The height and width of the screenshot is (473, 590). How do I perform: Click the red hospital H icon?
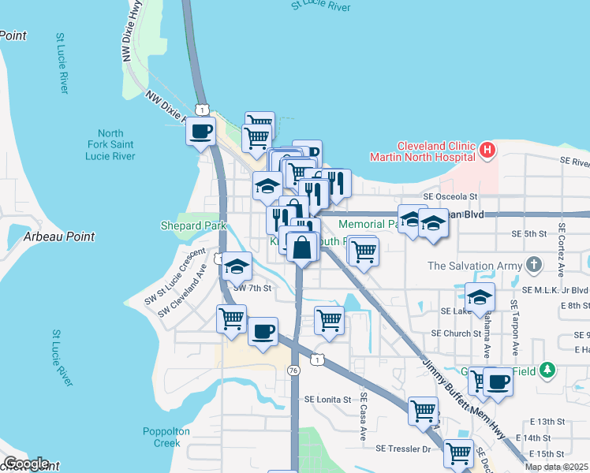487,149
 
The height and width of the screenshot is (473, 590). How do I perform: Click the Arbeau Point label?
59,236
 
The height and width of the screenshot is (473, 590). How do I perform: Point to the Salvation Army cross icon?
535,265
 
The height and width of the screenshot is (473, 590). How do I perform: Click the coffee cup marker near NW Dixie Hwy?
201,131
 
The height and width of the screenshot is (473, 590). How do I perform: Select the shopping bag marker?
302,248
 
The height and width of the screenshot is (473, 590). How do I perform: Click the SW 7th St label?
252,289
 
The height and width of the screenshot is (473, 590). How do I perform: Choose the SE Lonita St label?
324,400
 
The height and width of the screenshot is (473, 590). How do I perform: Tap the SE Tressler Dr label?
405,449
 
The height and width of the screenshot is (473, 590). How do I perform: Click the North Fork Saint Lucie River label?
111,144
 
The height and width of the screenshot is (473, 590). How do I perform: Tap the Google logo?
26,464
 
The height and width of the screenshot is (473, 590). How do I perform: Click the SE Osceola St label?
450,196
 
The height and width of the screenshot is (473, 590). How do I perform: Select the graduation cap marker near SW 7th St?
236,267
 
